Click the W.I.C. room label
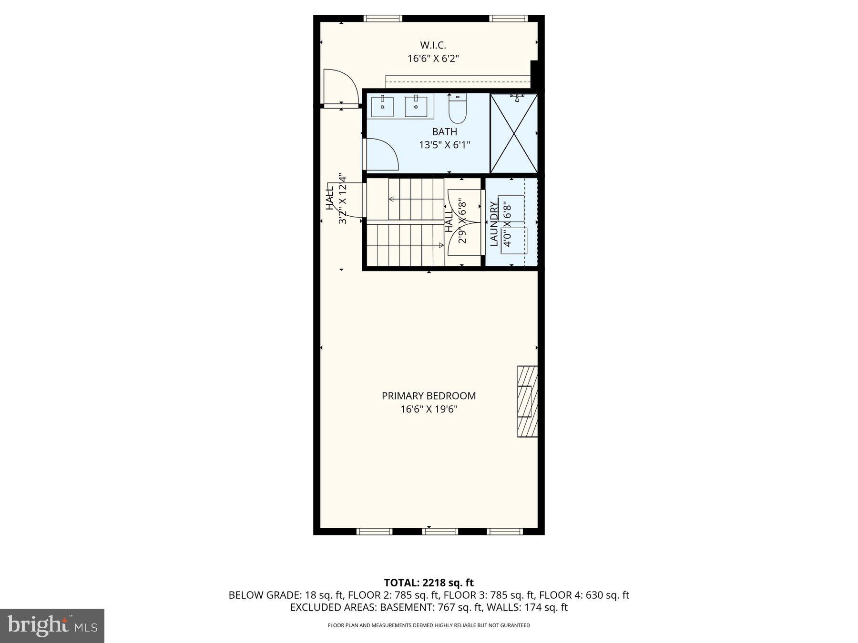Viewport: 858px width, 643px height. pos(433,45)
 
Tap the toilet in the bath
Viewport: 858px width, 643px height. pos(457,110)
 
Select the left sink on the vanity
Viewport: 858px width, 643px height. pos(382,107)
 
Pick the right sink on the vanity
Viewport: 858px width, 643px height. pos(416,107)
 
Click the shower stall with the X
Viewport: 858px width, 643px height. pos(514,133)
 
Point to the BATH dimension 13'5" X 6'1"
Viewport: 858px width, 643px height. pos(444,145)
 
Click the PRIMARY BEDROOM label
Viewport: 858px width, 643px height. pos(429,396)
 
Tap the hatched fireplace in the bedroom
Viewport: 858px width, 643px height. pos(527,401)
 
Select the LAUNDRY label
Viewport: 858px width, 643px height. pos(494,223)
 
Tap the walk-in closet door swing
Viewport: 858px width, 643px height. pos(340,87)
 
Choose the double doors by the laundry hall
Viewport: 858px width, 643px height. pos(464,222)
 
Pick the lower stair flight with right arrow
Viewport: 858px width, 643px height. pos(405,245)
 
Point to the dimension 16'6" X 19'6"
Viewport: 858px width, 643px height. pos(429,409)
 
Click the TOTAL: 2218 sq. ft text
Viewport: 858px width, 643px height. pos(429,583)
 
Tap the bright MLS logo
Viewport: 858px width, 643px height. pos(52,626)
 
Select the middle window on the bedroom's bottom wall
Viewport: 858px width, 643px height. pos(440,531)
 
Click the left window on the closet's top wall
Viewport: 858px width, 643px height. pos(383,19)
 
